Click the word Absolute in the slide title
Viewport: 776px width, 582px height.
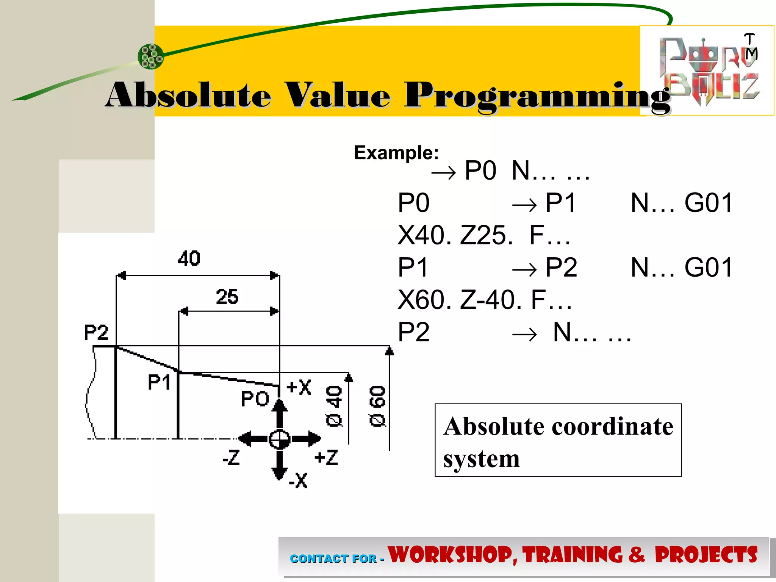(188, 95)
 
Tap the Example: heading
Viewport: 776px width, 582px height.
(396, 153)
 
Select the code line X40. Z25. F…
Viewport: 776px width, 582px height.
(484, 235)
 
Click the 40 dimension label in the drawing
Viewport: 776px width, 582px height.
(189, 258)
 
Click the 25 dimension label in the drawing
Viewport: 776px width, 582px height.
(227, 297)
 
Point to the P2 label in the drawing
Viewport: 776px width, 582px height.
(96, 333)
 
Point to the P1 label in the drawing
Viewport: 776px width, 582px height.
(159, 382)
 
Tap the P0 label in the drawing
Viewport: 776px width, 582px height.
(255, 399)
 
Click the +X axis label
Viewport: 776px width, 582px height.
(299, 387)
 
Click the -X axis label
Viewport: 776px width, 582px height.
(298, 480)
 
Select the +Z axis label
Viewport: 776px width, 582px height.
(326, 457)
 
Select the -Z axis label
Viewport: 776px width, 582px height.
(231, 457)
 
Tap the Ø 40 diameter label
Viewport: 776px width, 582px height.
(334, 406)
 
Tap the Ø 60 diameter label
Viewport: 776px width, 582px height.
(377, 406)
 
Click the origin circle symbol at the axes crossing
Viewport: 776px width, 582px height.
(280, 439)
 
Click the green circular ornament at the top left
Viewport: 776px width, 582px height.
(151, 56)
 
